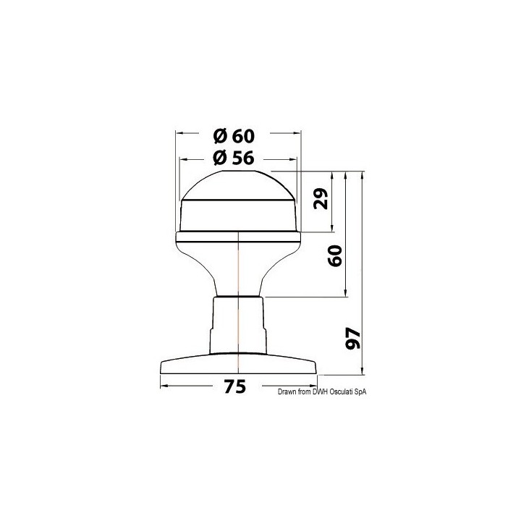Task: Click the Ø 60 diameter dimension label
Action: pos(234,136)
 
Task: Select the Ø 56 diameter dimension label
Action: pos(234,158)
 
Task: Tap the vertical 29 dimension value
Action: pos(321,198)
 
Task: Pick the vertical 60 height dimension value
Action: pos(335,255)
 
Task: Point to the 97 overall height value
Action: pos(353,338)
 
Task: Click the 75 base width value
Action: pos(235,386)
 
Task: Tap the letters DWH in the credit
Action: pos(320,392)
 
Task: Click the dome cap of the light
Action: pos(238,185)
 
